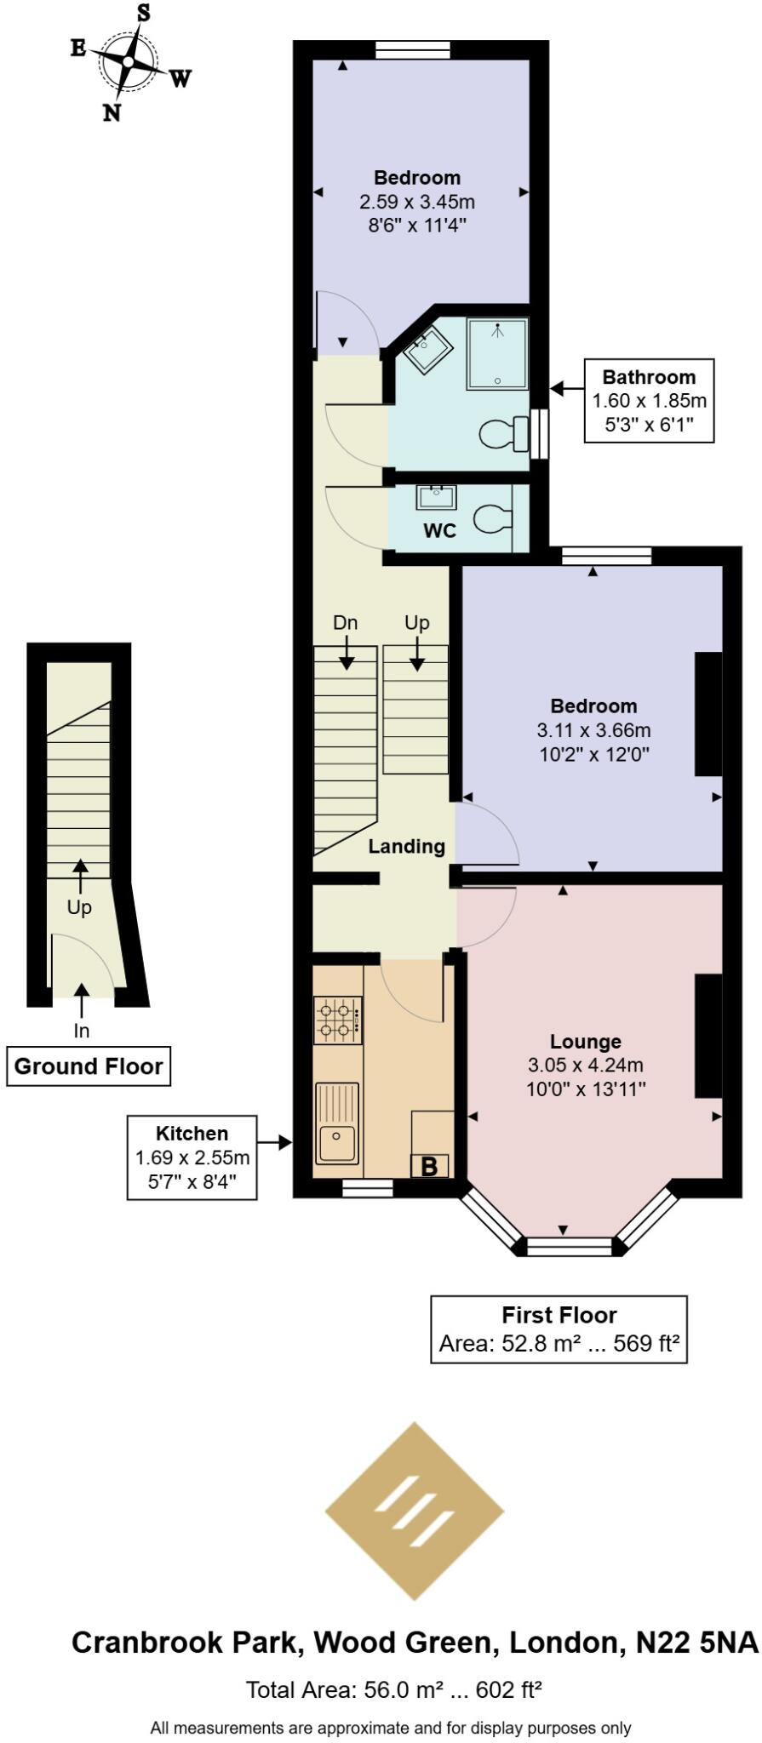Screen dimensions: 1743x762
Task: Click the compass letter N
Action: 112,112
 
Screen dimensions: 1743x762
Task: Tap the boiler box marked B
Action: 429,1166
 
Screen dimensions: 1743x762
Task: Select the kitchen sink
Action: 337,1143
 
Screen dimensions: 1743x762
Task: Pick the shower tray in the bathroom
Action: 497,354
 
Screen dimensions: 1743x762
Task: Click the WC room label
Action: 440,531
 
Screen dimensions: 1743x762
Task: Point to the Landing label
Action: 406,847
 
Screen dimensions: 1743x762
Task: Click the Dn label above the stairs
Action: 345,623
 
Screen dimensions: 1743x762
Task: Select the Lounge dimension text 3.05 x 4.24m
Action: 585,1065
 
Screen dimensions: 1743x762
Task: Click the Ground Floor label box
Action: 89,1066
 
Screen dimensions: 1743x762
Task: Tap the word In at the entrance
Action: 82,1031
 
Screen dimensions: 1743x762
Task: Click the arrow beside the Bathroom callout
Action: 565,389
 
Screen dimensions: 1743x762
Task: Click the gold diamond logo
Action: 415,1512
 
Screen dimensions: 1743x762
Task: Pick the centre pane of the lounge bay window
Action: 569,1247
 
